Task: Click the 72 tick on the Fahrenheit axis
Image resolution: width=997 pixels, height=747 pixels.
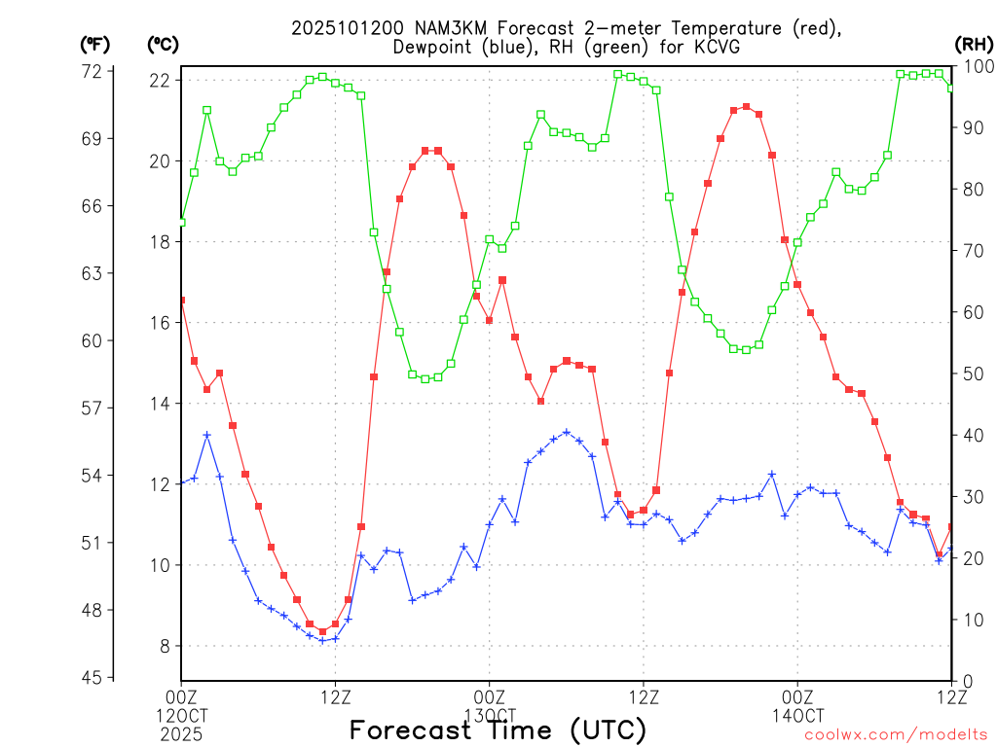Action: (x=92, y=71)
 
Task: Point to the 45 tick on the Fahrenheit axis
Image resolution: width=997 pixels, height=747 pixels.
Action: (x=92, y=677)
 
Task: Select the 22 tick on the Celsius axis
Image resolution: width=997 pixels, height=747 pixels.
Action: (x=162, y=79)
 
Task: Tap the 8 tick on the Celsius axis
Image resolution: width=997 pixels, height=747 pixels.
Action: (x=166, y=646)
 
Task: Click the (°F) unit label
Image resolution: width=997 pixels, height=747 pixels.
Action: (x=94, y=44)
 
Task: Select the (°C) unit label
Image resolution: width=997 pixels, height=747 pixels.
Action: (x=163, y=44)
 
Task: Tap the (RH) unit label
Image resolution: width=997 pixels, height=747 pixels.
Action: (x=973, y=44)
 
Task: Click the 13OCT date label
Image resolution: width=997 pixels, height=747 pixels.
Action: (x=489, y=715)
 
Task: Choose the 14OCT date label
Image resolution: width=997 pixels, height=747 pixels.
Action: (x=797, y=715)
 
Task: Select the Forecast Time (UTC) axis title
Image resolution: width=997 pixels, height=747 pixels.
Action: (x=498, y=729)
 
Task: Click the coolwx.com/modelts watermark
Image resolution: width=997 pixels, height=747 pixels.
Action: (x=895, y=735)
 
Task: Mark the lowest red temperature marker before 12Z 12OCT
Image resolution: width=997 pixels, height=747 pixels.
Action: (x=322, y=631)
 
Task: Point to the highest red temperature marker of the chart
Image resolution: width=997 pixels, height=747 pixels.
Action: (x=746, y=107)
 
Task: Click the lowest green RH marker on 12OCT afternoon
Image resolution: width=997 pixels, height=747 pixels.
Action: (x=425, y=378)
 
